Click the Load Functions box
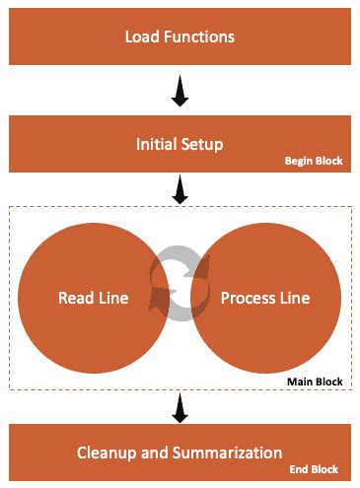click(x=180, y=37)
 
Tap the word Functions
click(x=199, y=38)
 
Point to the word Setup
click(x=203, y=145)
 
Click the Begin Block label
click(x=314, y=162)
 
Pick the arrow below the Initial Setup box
click(x=180, y=190)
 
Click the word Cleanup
click(x=105, y=453)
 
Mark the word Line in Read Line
click(x=114, y=298)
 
